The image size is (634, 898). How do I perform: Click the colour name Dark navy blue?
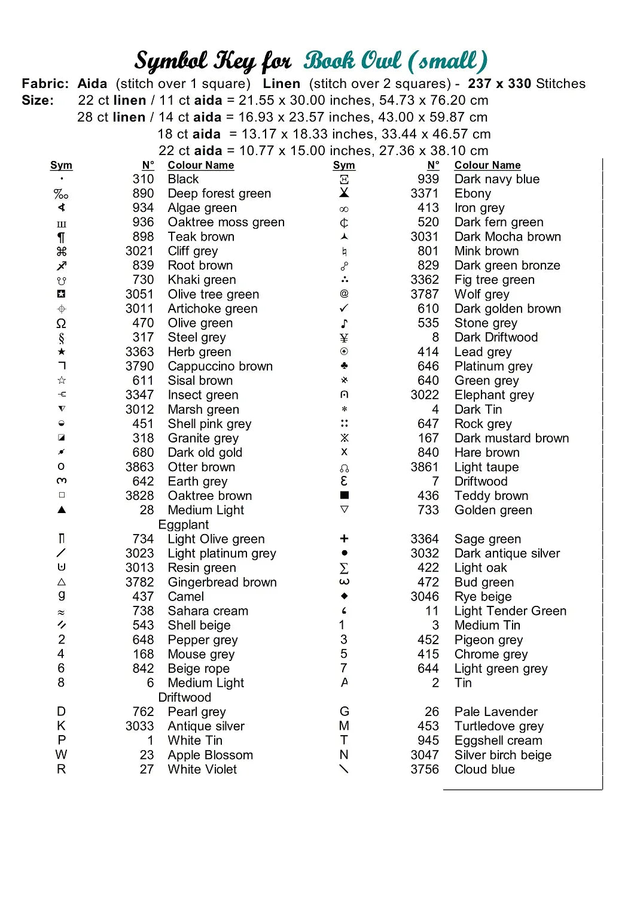tap(496, 179)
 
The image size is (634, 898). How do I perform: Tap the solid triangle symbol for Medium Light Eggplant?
tap(61, 510)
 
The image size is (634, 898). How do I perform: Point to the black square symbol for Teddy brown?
tap(344, 495)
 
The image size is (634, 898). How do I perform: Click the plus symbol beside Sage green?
tap(344, 539)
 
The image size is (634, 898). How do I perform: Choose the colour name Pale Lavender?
tap(495, 712)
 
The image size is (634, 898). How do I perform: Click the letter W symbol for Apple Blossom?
tap(61, 754)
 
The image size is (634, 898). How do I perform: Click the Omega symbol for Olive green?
tap(61, 323)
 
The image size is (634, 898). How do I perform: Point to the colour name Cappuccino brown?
tap(220, 366)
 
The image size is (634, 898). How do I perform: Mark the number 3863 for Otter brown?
tap(139, 467)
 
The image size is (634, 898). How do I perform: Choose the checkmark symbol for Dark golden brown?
tap(344, 308)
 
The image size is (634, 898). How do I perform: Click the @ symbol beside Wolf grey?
tap(344, 293)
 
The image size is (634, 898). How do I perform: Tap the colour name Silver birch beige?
tap(502, 755)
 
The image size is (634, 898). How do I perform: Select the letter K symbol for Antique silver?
tap(61, 726)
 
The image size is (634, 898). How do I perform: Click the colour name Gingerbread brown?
tap(222, 582)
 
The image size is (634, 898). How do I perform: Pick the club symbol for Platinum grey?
tap(344, 365)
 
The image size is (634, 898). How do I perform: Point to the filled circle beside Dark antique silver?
tap(344, 553)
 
